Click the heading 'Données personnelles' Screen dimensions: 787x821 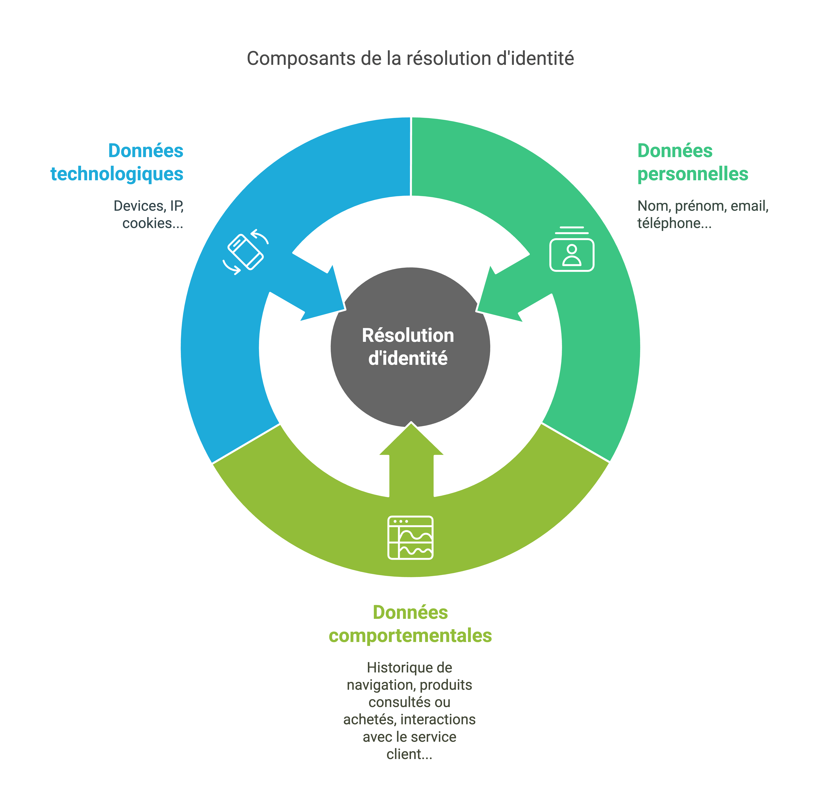pyautogui.click(x=692, y=162)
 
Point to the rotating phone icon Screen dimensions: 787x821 pyautogui.click(x=245, y=252)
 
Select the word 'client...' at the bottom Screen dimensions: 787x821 pyautogui.click(x=409, y=754)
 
